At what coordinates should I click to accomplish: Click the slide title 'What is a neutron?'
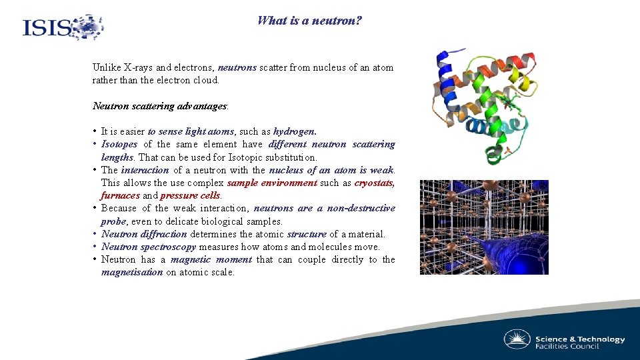click(x=310, y=21)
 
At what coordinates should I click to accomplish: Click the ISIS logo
click(x=63, y=27)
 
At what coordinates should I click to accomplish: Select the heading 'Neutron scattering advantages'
click(x=159, y=106)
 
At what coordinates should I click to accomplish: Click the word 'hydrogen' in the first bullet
click(x=294, y=132)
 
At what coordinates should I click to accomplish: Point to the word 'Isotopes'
click(x=120, y=145)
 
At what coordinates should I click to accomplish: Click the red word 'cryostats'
click(x=374, y=183)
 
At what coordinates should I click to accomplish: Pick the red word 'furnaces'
click(x=120, y=196)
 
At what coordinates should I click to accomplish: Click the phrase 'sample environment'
click(x=272, y=183)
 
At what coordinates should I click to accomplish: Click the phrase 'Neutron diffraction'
click(x=144, y=235)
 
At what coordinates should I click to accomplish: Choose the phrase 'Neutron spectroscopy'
click(x=149, y=247)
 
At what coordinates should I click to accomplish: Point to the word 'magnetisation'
click(x=132, y=273)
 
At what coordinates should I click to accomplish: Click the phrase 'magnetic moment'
click(x=211, y=260)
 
